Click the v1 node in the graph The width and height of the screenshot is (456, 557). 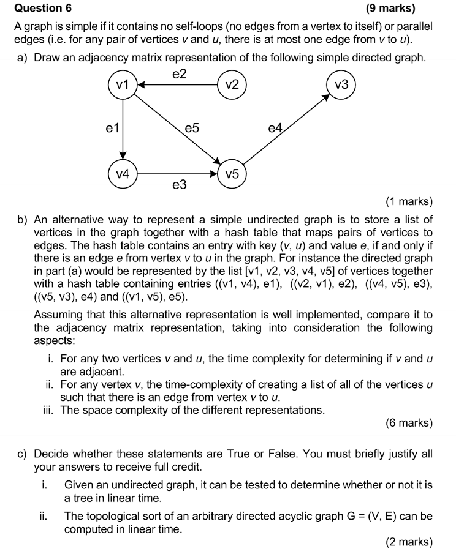pyautogui.click(x=123, y=86)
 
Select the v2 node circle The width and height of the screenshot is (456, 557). pyautogui.click(x=232, y=86)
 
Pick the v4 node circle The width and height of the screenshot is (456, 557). pyautogui.click(x=123, y=174)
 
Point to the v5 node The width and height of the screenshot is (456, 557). pyautogui.click(x=232, y=174)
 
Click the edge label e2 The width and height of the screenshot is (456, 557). pyautogui.click(x=179, y=74)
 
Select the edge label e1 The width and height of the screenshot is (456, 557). pyautogui.click(x=111, y=129)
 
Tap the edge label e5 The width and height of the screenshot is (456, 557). pyautogui.click(x=192, y=129)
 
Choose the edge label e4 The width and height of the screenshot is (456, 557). pyautogui.click(x=275, y=129)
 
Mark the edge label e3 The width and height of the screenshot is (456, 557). pyautogui.click(x=179, y=185)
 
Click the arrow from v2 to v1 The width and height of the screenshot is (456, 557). pyautogui.click(x=178, y=86)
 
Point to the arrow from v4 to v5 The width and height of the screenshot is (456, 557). pyautogui.click(x=178, y=174)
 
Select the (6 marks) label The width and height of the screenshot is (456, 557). pyautogui.click(x=409, y=423)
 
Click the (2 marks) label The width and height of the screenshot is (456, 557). pyautogui.click(x=409, y=542)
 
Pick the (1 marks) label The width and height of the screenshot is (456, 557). pyautogui.click(x=409, y=201)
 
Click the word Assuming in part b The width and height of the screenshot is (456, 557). pyautogui.click(x=61, y=315)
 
